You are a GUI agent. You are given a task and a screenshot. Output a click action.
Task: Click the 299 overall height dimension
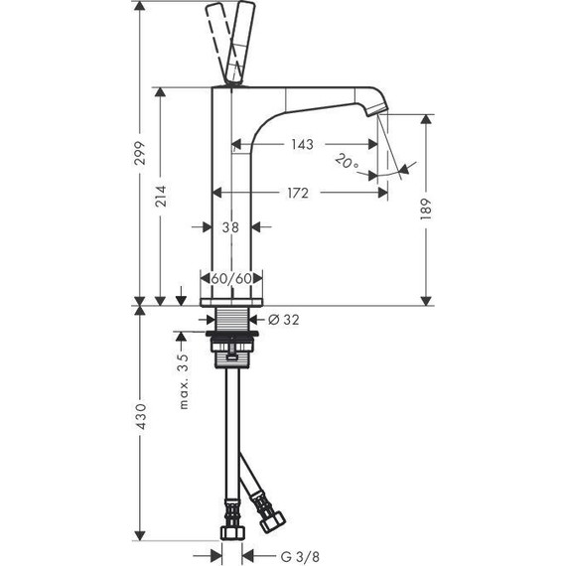(x=140, y=153)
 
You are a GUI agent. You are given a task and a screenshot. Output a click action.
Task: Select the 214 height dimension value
(x=161, y=196)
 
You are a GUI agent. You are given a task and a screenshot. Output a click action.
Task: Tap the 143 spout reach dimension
(x=302, y=144)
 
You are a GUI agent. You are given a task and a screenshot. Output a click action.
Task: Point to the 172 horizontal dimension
(x=298, y=193)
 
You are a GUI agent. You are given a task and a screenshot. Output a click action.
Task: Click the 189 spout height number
(x=426, y=209)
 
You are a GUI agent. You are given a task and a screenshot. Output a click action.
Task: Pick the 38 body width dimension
(x=230, y=227)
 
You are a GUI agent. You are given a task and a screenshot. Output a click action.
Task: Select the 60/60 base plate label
(x=231, y=278)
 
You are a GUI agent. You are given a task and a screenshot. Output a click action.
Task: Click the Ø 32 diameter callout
(x=284, y=320)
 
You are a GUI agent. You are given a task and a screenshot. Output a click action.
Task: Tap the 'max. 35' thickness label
(x=184, y=381)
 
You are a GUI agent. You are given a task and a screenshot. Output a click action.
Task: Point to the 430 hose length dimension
(x=140, y=417)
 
